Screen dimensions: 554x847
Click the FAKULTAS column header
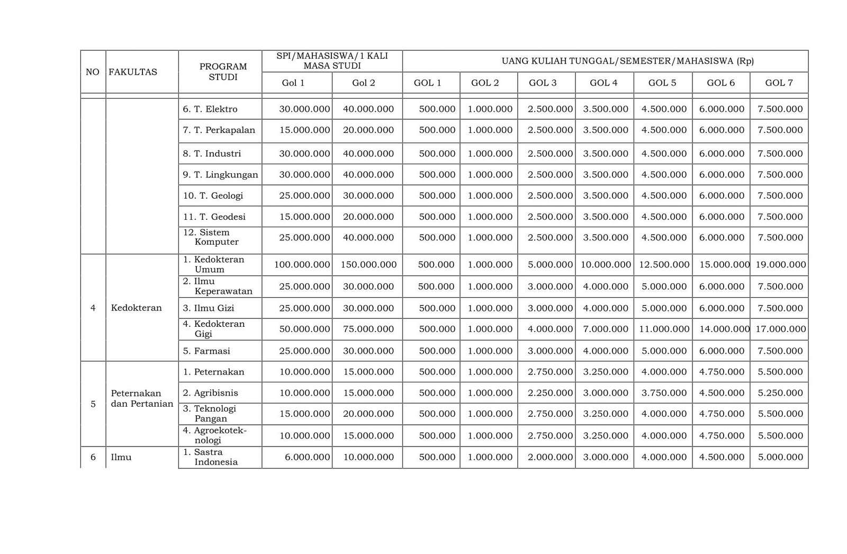(133, 72)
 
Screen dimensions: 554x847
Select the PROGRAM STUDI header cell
(223, 72)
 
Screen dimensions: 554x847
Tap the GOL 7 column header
(779, 83)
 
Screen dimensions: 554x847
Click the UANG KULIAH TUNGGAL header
(605, 61)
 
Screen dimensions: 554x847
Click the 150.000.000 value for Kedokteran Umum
(368, 265)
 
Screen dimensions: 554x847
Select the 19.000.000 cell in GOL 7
(780, 265)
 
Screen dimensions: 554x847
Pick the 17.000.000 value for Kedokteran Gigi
(780, 329)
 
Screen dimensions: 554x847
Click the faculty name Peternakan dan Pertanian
(142, 398)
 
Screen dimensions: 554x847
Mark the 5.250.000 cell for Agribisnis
(780, 393)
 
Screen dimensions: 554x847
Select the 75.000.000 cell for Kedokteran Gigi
(368, 329)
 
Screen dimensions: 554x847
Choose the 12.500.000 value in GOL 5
(664, 265)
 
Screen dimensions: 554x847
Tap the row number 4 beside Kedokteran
(93, 308)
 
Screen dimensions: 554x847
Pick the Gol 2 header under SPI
(364, 83)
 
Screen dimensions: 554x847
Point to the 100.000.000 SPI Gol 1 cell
(302, 265)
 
